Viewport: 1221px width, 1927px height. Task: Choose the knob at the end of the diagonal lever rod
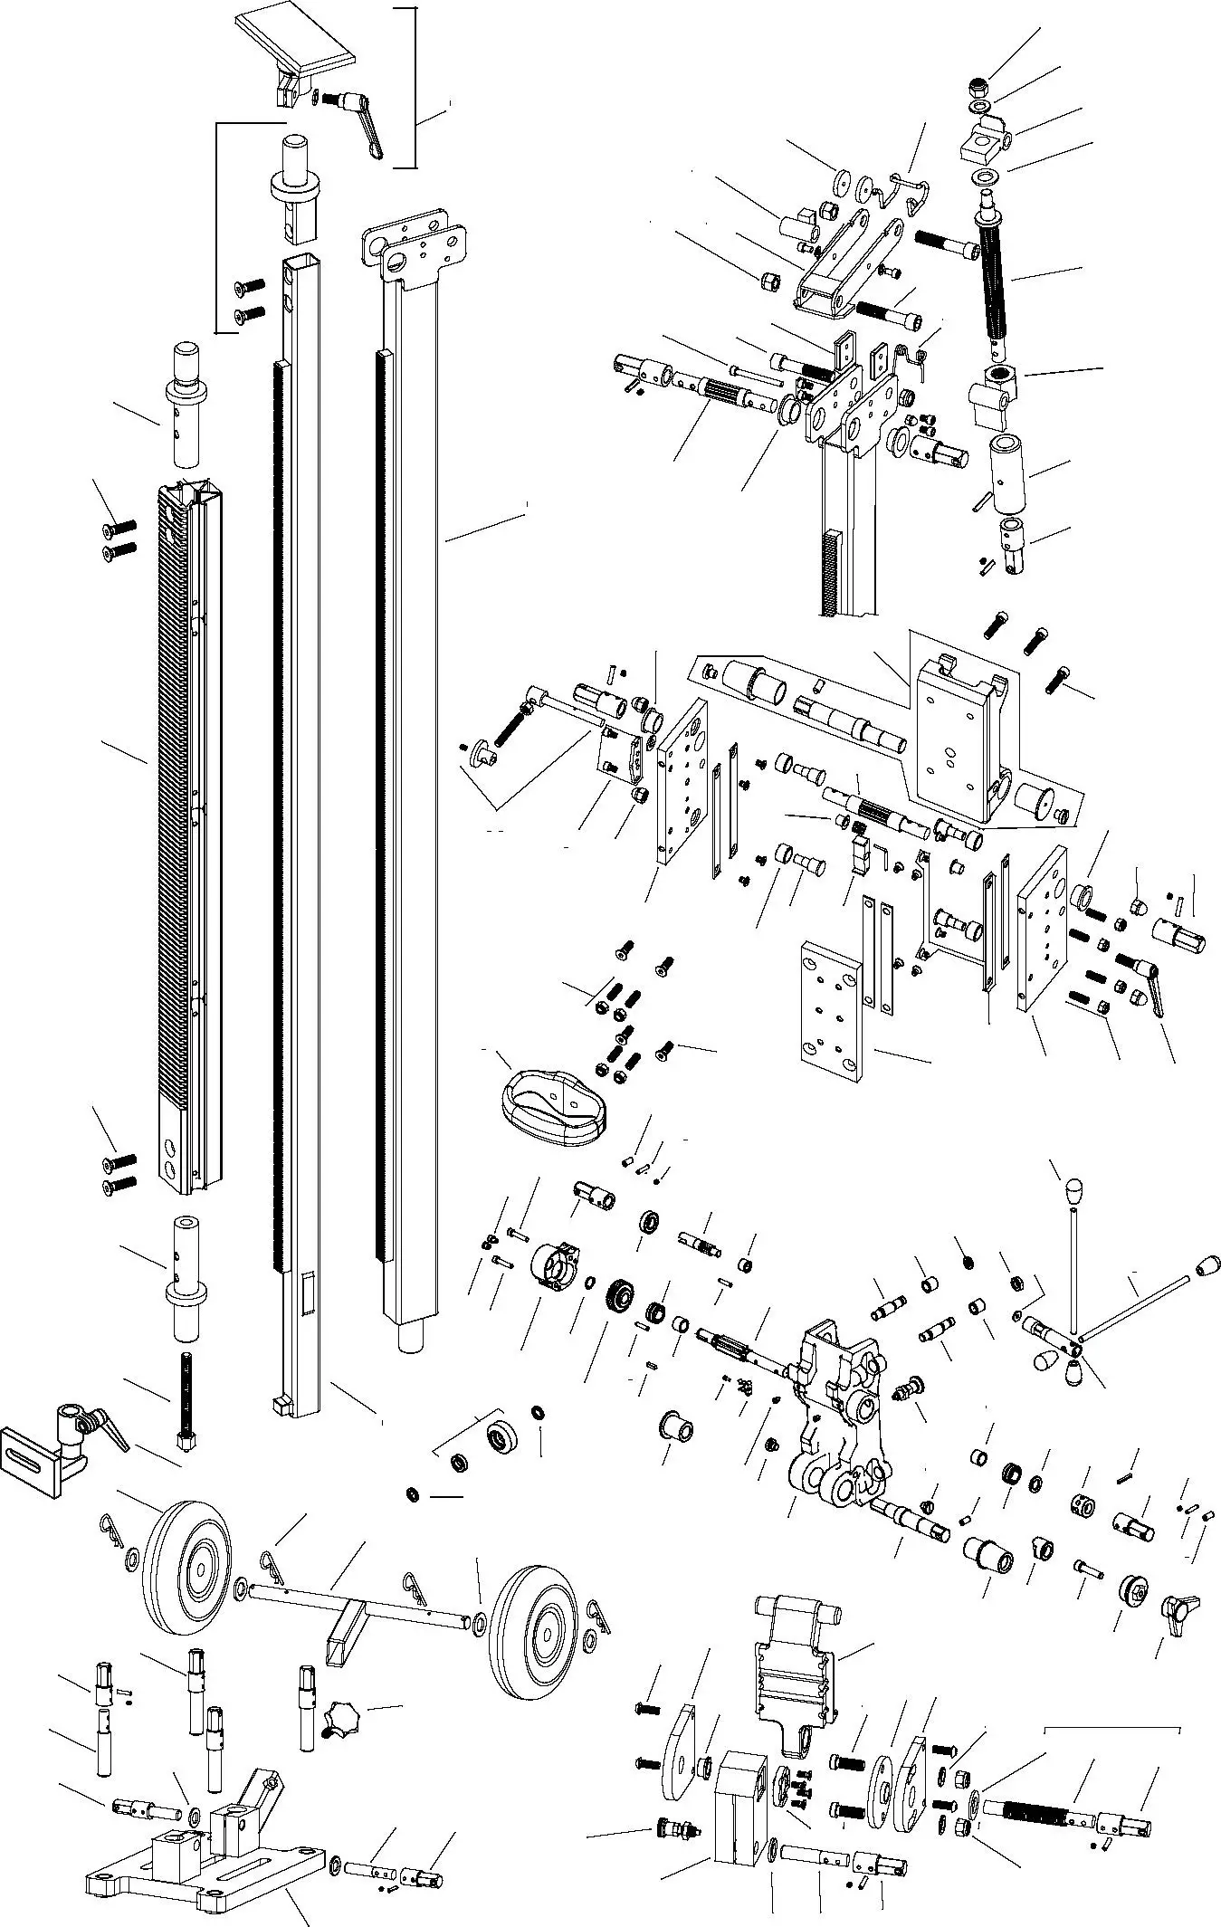coord(1207,1265)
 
